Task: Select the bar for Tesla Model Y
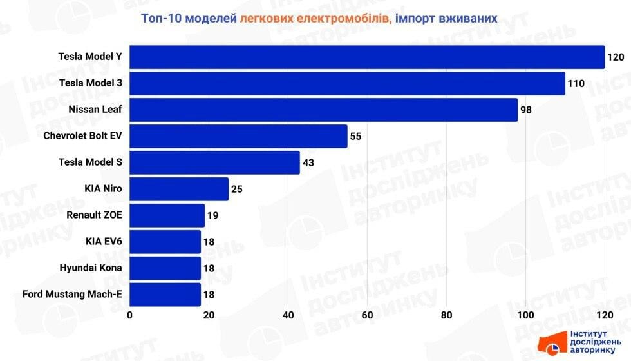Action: point(367,57)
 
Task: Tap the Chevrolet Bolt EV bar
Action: point(238,136)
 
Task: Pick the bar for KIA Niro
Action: point(179,189)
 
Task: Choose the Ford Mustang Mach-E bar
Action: point(165,295)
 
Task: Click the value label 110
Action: point(576,83)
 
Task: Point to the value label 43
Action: point(308,162)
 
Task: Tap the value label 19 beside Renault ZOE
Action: point(213,215)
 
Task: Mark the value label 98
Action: point(526,110)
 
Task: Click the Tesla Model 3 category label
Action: point(90,83)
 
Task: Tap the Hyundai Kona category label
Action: point(90,268)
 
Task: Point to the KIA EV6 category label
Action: point(104,242)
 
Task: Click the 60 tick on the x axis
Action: point(368,315)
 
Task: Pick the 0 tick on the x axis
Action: point(130,315)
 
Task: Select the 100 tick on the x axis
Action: point(526,315)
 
